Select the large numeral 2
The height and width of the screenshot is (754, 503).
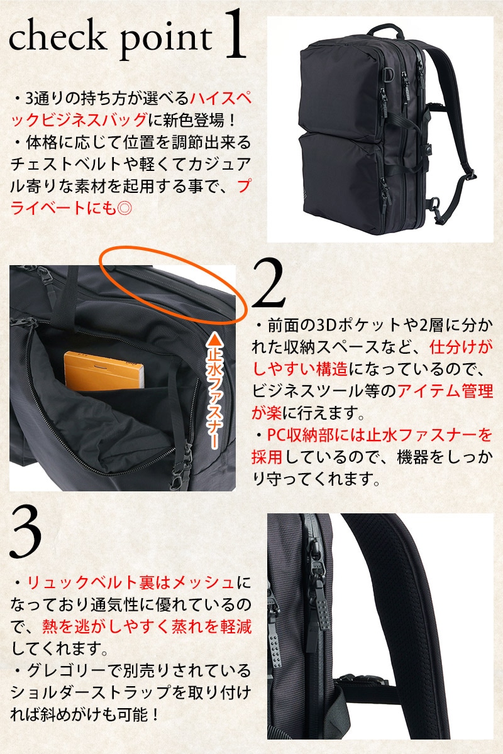click(268, 283)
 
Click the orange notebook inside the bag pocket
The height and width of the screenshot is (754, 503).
click(104, 369)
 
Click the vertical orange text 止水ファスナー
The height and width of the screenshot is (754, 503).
click(214, 398)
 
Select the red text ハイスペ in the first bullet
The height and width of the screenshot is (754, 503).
click(221, 99)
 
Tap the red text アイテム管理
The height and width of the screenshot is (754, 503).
click(445, 391)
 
